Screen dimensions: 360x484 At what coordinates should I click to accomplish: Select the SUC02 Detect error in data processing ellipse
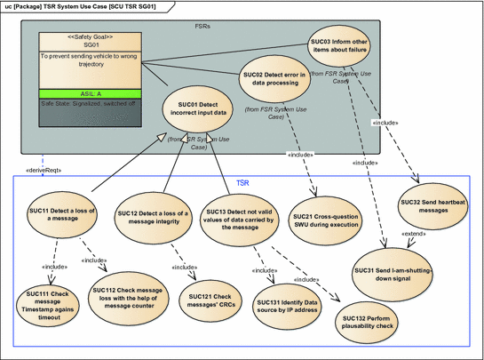tap(279, 78)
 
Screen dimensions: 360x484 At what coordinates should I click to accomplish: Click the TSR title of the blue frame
tap(242, 181)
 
